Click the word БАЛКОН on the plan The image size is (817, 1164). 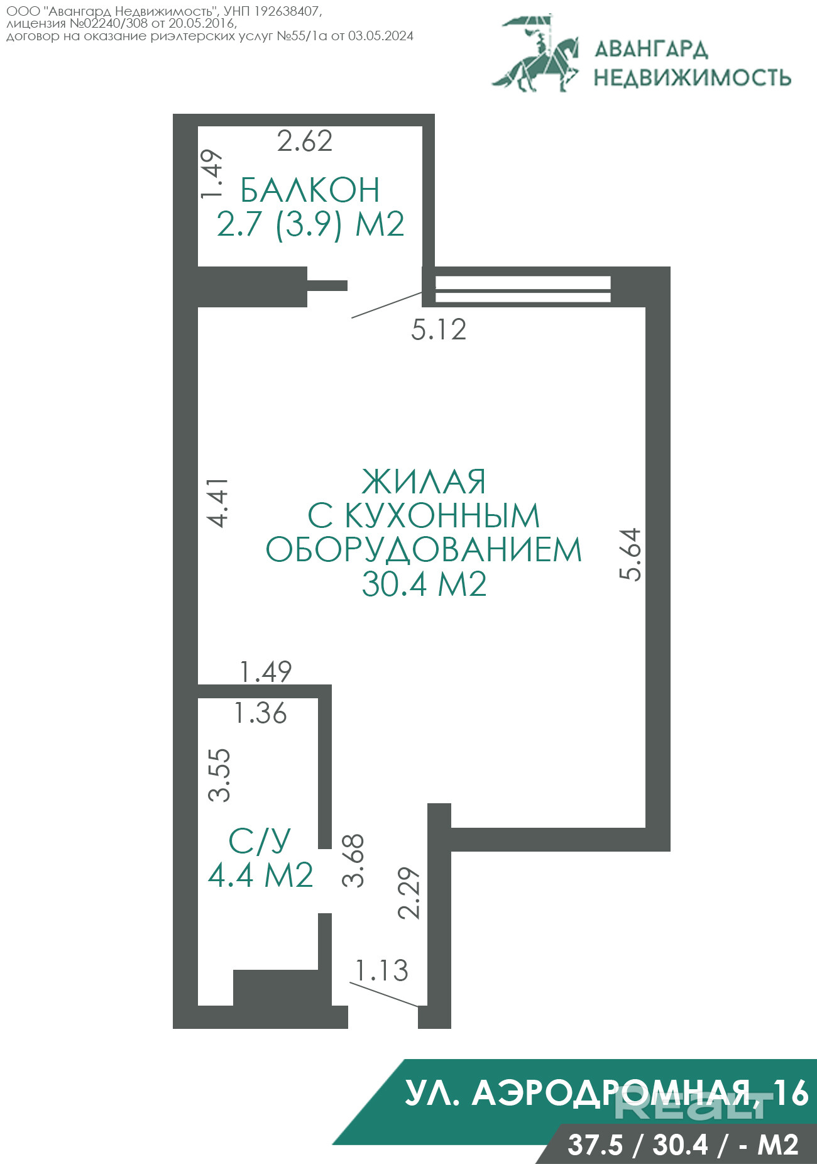(x=310, y=190)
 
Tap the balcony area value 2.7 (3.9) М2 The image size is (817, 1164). (x=310, y=224)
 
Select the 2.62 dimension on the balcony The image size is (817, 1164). (x=305, y=141)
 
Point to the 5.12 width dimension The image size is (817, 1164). (x=439, y=330)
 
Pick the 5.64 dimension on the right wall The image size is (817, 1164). (x=630, y=554)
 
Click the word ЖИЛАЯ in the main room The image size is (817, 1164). (x=424, y=482)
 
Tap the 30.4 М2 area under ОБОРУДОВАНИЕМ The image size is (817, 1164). (x=424, y=584)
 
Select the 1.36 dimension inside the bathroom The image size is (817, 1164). (x=260, y=713)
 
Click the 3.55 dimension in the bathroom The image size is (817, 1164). (x=220, y=774)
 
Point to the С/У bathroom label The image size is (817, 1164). (x=260, y=841)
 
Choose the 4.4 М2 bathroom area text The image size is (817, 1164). (x=260, y=875)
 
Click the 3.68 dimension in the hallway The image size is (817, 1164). (x=353, y=860)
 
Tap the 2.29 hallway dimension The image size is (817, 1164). (x=410, y=893)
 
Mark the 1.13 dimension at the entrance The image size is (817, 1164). (x=382, y=970)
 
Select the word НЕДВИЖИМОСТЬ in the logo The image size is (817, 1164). (x=693, y=77)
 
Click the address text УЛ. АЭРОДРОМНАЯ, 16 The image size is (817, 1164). (x=606, y=1092)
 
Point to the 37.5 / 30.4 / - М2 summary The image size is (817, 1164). (x=683, y=1145)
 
